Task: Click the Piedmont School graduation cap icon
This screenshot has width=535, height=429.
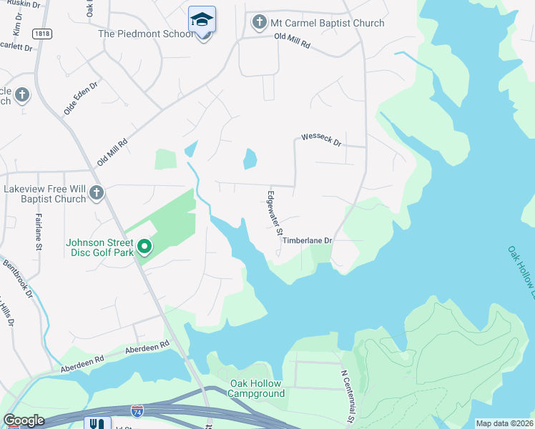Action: click(x=202, y=20)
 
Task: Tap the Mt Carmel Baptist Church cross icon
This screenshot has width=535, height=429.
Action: click(x=259, y=23)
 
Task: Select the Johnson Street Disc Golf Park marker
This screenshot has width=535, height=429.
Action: click(x=144, y=247)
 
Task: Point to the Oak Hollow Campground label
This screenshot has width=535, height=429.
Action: click(x=257, y=388)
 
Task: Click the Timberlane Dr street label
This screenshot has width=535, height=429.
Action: click(x=308, y=241)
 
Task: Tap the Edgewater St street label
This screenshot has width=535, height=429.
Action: click(x=274, y=212)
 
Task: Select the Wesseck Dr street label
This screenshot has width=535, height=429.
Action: click(x=322, y=139)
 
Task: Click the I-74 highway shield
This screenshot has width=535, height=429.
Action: click(x=137, y=410)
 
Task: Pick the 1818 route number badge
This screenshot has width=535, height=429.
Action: click(x=41, y=33)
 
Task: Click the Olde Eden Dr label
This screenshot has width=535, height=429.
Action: click(x=81, y=98)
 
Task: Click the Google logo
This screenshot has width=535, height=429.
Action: click(x=24, y=420)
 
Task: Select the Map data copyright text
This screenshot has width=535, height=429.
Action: click(x=504, y=423)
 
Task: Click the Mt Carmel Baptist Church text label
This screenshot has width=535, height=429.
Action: click(x=327, y=23)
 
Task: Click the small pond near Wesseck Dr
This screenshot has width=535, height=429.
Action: click(x=250, y=158)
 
